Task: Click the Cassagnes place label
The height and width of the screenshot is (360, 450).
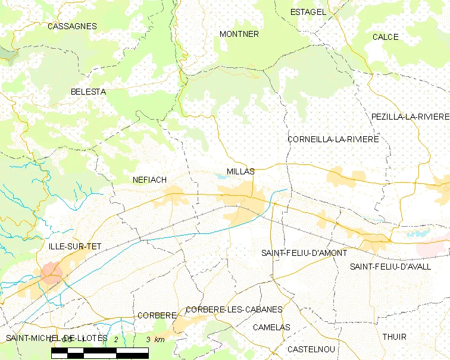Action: click(x=72, y=26)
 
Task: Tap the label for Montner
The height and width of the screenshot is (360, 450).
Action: click(x=239, y=34)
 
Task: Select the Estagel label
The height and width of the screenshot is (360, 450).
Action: click(x=308, y=12)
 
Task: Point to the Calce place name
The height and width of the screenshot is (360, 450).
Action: click(x=385, y=37)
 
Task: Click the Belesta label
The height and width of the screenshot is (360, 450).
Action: click(x=88, y=92)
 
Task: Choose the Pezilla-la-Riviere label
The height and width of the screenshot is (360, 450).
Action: click(x=410, y=116)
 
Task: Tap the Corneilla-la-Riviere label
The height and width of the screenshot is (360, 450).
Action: click(x=333, y=139)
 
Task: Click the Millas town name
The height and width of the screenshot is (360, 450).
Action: click(x=240, y=171)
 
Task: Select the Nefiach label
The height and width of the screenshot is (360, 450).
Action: click(x=149, y=179)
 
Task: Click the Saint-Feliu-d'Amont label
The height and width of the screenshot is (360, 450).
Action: click(x=304, y=253)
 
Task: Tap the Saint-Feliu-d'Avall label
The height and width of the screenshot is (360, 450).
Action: click(x=390, y=267)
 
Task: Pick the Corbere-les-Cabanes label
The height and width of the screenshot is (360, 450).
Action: click(x=234, y=309)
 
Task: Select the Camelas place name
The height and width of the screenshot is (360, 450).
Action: click(x=271, y=327)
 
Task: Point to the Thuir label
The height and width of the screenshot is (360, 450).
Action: click(x=394, y=337)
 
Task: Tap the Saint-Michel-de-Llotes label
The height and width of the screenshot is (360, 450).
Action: click(x=57, y=338)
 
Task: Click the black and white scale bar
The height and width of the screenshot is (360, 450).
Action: click(x=100, y=352)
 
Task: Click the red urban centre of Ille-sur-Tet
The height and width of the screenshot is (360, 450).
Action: click(x=52, y=273)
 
